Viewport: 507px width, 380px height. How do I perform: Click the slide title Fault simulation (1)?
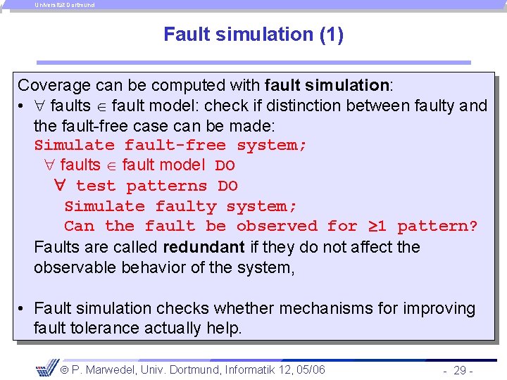click(254, 34)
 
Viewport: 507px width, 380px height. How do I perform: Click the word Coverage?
click(54, 86)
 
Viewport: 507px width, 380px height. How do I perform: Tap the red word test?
click(95, 186)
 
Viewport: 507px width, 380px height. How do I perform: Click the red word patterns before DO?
click(167, 186)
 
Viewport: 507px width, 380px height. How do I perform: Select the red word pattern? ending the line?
click(437, 227)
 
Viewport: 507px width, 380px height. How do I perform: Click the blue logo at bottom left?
click(46, 367)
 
